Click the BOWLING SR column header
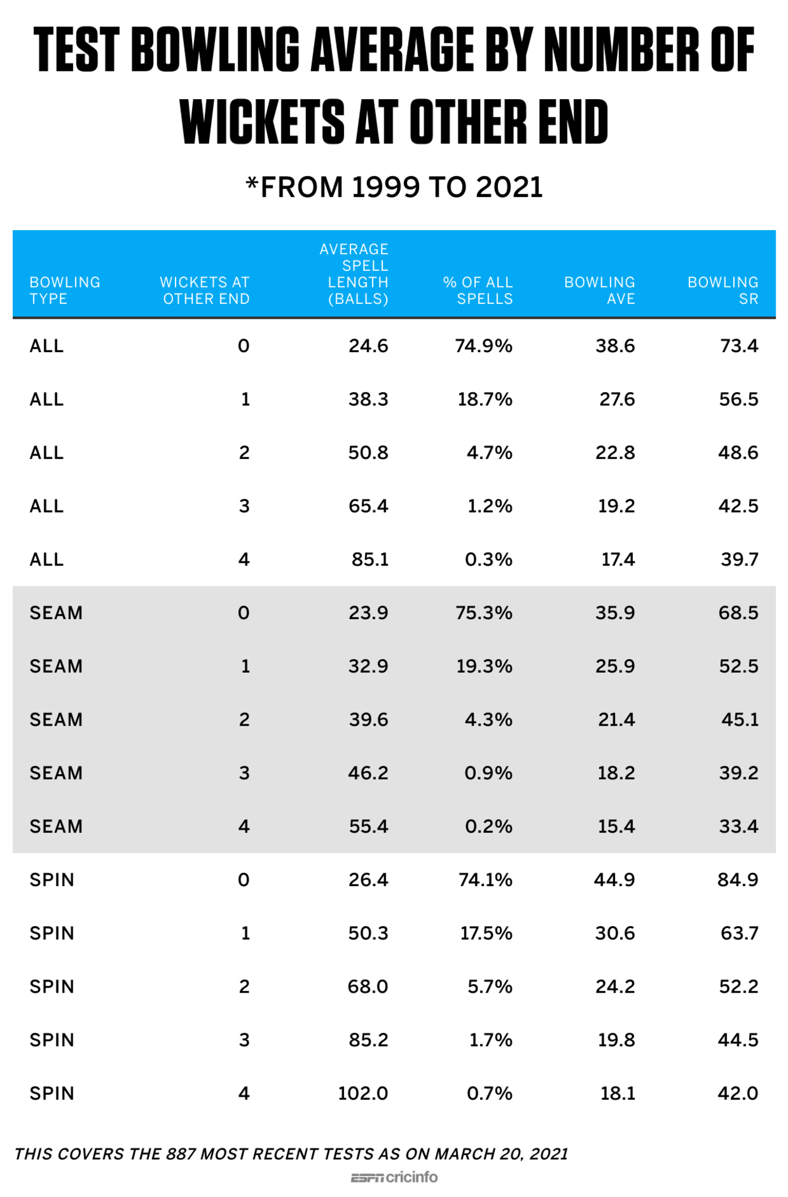click(x=723, y=290)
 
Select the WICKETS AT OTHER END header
click(x=205, y=290)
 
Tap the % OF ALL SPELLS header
click(x=478, y=290)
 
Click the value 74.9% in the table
click(x=484, y=346)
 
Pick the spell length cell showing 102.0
click(x=363, y=1094)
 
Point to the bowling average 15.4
click(x=616, y=827)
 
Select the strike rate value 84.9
click(x=738, y=880)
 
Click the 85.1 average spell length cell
click(x=370, y=559)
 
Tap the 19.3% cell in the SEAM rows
click(x=484, y=667)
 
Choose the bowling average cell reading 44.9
click(x=614, y=880)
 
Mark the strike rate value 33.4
click(x=739, y=827)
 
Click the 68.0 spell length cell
click(x=368, y=987)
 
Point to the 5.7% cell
click(x=490, y=987)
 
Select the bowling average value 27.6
click(x=617, y=399)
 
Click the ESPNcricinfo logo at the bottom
click(x=394, y=1177)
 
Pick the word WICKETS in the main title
click(x=263, y=122)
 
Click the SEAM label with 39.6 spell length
click(x=56, y=720)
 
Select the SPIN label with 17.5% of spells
click(x=52, y=934)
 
